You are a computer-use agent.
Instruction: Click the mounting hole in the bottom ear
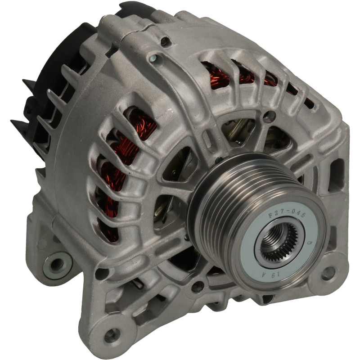click(x=112, y=335)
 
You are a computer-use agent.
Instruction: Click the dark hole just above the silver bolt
click(x=165, y=41)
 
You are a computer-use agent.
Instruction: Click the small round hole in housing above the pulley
click(x=269, y=117)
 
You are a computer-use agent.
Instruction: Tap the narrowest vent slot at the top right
click(x=309, y=103)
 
